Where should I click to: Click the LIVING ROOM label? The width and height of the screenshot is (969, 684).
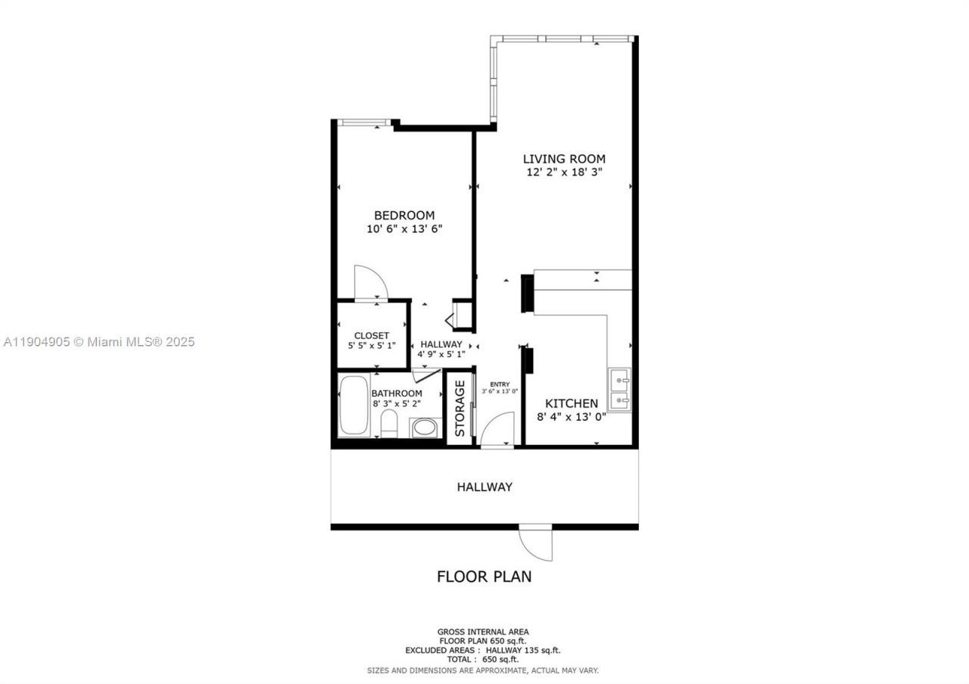click(564, 159)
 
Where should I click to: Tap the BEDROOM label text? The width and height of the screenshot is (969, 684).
click(404, 216)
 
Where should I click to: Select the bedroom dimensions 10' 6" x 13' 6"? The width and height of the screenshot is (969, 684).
click(404, 229)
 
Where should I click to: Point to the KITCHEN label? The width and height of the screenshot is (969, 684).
click(572, 404)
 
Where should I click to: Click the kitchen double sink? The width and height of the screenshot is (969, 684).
click(620, 389)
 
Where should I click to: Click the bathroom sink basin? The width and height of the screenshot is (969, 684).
click(423, 428)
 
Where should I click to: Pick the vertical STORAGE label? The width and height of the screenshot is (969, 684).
click(460, 409)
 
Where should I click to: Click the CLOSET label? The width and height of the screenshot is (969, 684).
click(372, 336)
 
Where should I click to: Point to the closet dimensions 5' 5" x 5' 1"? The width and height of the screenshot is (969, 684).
click(372, 346)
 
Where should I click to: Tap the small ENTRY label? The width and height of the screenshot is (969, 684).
click(500, 384)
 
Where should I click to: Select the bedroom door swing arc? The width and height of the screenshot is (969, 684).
click(372, 282)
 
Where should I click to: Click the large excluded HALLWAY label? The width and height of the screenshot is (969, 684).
click(484, 487)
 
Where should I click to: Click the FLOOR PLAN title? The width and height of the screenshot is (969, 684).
click(484, 577)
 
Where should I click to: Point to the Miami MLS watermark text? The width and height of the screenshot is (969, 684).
click(99, 342)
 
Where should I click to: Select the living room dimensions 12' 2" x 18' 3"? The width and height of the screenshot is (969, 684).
click(564, 173)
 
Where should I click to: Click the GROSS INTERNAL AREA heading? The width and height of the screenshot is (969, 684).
click(483, 632)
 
